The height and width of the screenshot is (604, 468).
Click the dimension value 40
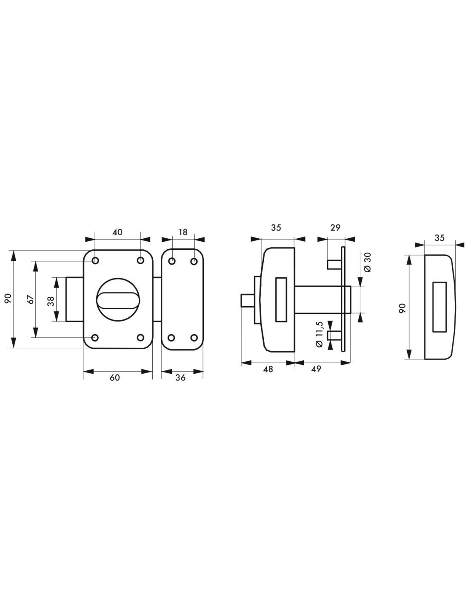click(x=117, y=232)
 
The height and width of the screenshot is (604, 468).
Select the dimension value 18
click(x=183, y=232)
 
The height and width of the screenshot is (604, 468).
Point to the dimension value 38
click(x=51, y=299)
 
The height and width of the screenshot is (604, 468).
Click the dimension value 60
click(x=115, y=378)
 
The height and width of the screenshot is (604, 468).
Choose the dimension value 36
click(x=181, y=378)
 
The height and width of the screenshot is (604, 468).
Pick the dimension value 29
click(x=336, y=228)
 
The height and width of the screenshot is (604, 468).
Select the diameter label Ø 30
click(x=368, y=262)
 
